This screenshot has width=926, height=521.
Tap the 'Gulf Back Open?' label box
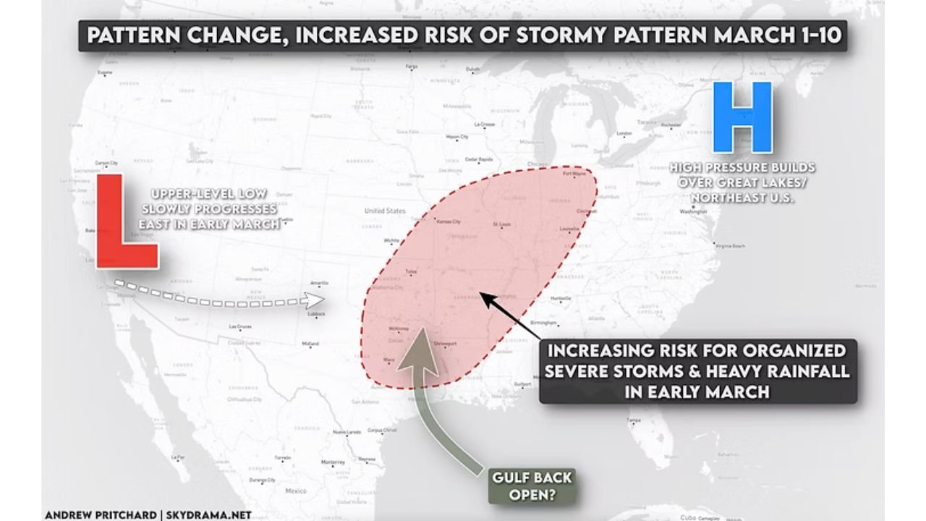[532, 486]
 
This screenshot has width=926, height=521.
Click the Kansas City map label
[449, 221]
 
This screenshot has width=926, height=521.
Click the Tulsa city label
[412, 272]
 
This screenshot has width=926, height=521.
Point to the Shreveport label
[446, 343]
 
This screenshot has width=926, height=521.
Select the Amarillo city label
[319, 283]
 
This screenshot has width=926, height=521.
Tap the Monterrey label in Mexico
[334, 462]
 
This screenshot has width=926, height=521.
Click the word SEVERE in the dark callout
[585, 371]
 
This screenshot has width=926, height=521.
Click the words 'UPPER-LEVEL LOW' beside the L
[210, 193]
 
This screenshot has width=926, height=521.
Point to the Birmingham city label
[544, 322]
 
